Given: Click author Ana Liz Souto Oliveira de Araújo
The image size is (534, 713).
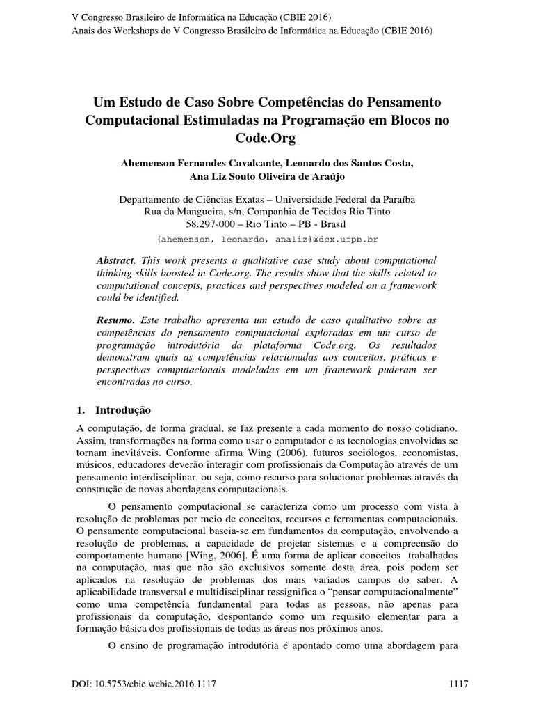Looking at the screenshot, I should [x=267, y=177].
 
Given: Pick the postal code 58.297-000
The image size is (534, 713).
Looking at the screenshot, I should [x=212, y=224].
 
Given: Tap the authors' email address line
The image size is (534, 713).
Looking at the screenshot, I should [x=267, y=239].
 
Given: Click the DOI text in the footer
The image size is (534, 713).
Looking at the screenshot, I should [x=145, y=685].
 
